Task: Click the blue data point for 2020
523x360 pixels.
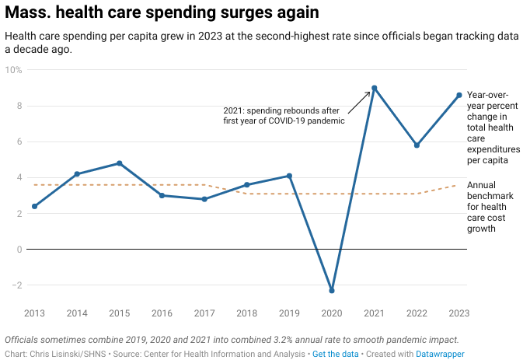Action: tap(332, 291)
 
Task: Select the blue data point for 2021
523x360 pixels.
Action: tap(375, 88)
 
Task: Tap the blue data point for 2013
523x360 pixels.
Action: tap(34, 206)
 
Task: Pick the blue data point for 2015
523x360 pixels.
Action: tap(119, 163)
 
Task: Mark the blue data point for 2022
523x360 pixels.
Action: tap(417, 145)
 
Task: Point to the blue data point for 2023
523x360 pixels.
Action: tap(459, 95)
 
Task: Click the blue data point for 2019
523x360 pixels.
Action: tap(289, 176)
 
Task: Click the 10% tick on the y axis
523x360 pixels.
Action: tap(14, 70)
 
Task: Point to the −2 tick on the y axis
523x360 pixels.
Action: tap(16, 285)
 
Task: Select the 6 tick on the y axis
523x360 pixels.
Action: tap(19, 142)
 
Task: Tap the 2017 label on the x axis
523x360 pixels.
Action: tap(204, 313)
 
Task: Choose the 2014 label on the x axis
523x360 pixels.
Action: tap(77, 313)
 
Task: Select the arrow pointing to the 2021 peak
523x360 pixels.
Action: tap(360, 101)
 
